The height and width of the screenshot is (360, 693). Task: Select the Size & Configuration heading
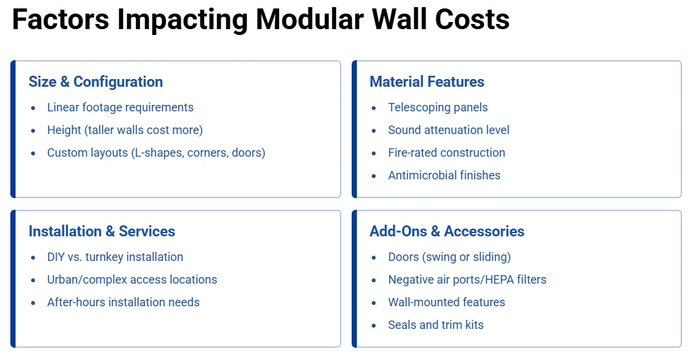tap(96, 82)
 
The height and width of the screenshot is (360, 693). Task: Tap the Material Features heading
tap(427, 82)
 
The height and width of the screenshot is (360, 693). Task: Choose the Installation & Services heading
tap(102, 232)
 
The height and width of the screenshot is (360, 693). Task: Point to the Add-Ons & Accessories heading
tap(447, 232)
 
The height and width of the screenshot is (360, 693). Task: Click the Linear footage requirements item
tap(120, 107)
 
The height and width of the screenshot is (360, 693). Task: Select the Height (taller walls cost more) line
tap(125, 130)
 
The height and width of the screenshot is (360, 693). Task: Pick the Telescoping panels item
tap(438, 107)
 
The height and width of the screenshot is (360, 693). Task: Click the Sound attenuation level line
tap(449, 130)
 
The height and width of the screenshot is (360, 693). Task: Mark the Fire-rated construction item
tap(446, 153)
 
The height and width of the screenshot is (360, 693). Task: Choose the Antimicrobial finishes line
tap(444, 175)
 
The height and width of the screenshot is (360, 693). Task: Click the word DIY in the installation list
tap(56, 257)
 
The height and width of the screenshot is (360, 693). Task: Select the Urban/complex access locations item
tap(132, 280)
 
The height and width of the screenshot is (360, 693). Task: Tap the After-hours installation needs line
tap(123, 302)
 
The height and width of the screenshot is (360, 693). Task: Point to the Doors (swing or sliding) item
tap(449, 257)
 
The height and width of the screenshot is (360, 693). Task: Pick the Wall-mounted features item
tap(446, 302)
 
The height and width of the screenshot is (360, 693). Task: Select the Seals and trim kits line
tap(436, 325)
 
